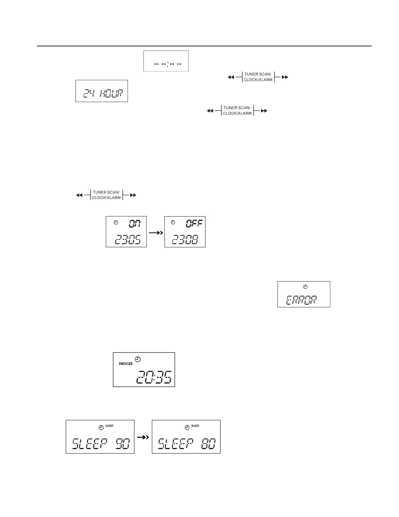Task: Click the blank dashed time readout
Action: click(x=167, y=64)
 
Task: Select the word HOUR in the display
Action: click(x=111, y=94)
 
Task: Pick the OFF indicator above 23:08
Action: click(x=194, y=224)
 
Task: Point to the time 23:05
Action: click(x=127, y=240)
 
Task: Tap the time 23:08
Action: click(x=185, y=240)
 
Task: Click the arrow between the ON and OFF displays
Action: click(x=155, y=233)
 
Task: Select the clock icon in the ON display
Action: click(x=116, y=223)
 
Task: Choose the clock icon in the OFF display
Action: click(x=173, y=222)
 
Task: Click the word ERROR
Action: click(x=302, y=300)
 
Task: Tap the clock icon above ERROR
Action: click(x=305, y=287)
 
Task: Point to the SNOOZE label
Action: click(x=126, y=364)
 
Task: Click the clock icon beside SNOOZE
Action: click(x=138, y=359)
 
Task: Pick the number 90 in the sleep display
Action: click(x=123, y=444)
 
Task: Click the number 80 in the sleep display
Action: click(x=208, y=444)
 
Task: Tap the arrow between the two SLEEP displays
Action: click(x=143, y=437)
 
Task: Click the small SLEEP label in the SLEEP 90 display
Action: click(x=109, y=426)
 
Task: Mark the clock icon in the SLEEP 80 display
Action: click(x=187, y=428)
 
